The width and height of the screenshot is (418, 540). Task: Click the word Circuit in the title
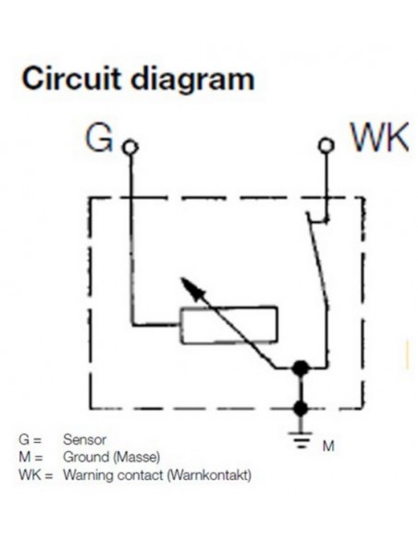[x=67, y=80]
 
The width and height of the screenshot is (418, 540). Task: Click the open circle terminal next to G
[x=130, y=146]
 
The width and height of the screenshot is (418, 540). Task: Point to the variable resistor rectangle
[x=227, y=324]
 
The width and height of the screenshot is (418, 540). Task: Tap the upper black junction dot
[x=299, y=369]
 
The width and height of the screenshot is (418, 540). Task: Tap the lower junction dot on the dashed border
[x=299, y=406]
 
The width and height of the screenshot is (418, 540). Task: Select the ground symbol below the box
[x=299, y=435]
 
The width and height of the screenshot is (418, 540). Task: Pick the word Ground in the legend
[x=84, y=458]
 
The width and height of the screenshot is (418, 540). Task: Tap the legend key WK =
[x=35, y=475]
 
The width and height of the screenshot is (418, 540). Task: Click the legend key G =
[x=30, y=441]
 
